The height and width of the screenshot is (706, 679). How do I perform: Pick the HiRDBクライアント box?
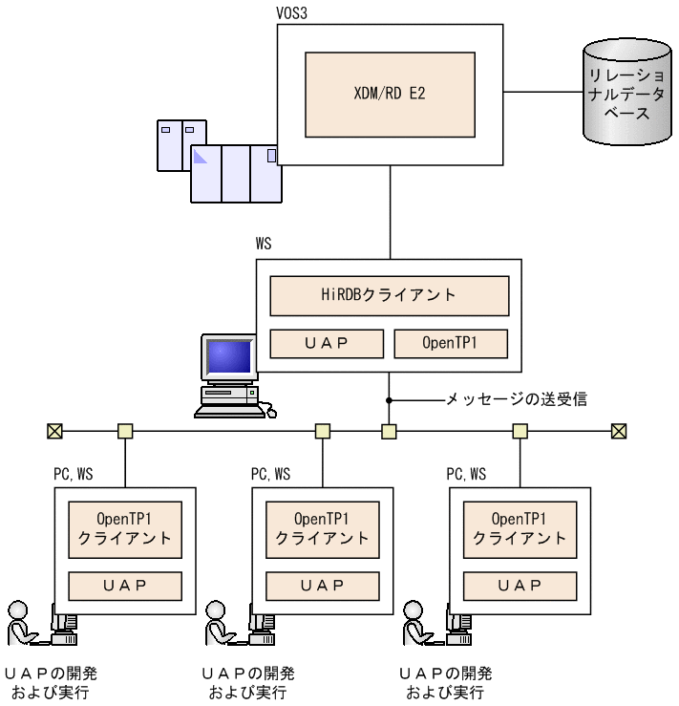tap(390, 295)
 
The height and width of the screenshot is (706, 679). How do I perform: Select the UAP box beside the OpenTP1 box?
tap(327, 343)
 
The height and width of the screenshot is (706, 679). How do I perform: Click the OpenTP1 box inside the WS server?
tap(451, 343)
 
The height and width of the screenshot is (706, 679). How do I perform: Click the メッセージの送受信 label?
tap(517, 399)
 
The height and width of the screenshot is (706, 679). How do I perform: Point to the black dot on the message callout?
tap(390, 399)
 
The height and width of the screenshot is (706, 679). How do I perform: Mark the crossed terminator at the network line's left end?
tap(54, 432)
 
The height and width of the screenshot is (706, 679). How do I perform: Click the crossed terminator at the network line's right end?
tap(619, 432)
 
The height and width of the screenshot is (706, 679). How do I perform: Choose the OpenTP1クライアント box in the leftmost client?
tap(125, 528)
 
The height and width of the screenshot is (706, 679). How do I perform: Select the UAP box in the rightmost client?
tap(520, 585)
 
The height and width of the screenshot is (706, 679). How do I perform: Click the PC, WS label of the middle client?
tap(271, 474)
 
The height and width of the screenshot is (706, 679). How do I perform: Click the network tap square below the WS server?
tap(389, 432)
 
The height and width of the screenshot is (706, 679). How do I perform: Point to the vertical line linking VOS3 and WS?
tap(390, 212)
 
